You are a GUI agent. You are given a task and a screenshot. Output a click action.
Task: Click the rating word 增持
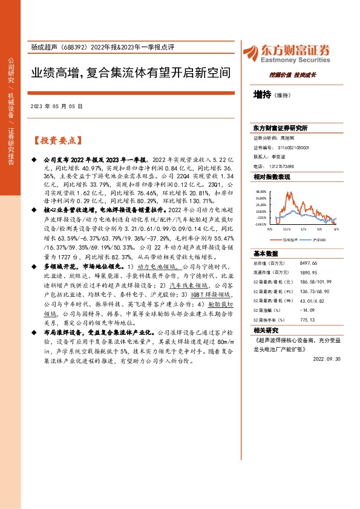point(263,94)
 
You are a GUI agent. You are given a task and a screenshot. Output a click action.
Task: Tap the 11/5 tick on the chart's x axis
point(286,229)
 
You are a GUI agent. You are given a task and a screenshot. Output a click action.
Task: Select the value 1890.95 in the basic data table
point(309,273)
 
